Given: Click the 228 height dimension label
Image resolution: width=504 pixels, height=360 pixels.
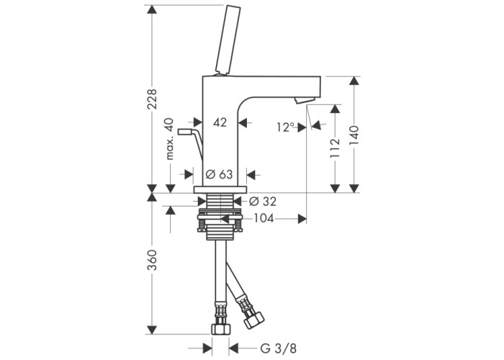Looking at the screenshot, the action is [x=152, y=99].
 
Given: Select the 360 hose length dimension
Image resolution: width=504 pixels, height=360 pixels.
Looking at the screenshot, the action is [x=152, y=259].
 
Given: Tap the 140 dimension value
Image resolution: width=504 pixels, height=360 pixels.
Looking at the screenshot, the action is [x=354, y=135].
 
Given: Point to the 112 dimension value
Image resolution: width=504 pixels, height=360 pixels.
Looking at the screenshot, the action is [x=335, y=148].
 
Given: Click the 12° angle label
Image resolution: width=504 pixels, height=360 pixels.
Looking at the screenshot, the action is [x=286, y=127].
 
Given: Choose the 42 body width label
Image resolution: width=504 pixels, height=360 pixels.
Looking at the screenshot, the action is [x=220, y=122].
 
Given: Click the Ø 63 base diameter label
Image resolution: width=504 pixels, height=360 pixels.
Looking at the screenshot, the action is [x=219, y=174].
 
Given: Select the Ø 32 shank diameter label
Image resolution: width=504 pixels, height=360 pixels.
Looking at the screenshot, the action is [x=263, y=202].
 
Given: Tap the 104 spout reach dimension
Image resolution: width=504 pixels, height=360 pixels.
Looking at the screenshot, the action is [x=264, y=219].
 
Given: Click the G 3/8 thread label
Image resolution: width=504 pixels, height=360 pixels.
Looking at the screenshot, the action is [x=279, y=348].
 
